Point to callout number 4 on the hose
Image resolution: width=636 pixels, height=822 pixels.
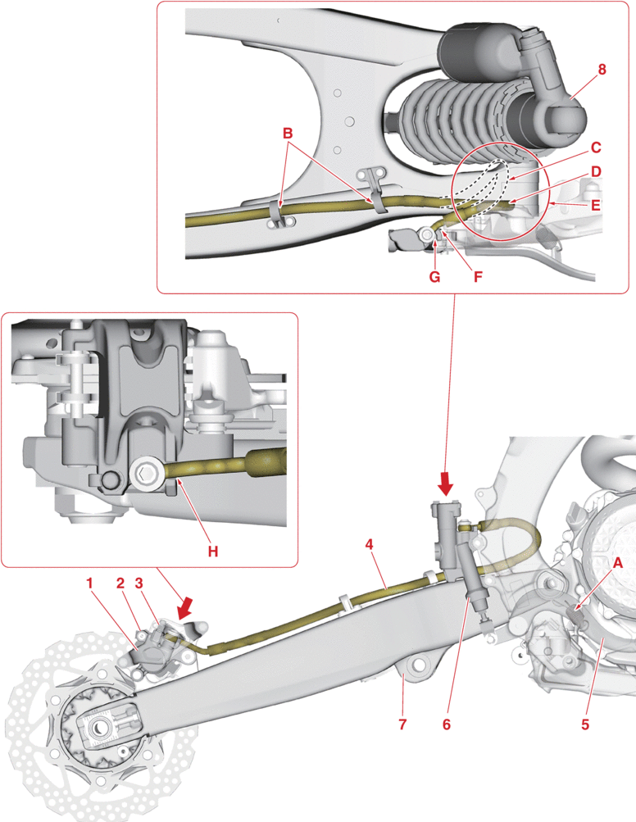(x=370, y=543)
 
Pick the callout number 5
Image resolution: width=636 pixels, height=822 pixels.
(x=585, y=724)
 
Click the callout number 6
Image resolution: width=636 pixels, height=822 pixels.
(x=447, y=724)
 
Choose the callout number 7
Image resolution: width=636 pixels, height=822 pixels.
(x=402, y=724)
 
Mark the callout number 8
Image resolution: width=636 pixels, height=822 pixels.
(x=602, y=70)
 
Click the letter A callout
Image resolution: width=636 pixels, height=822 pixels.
(x=618, y=562)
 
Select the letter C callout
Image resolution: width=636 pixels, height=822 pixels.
(x=596, y=148)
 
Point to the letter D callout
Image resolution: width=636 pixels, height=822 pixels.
(x=596, y=171)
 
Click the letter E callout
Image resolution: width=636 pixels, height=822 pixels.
(x=596, y=205)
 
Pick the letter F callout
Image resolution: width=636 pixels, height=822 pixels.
(x=478, y=276)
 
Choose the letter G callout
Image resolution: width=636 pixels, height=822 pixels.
(x=434, y=276)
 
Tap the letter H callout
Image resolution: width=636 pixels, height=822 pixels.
(x=212, y=552)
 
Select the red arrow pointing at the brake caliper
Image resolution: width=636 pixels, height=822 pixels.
(x=186, y=607)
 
